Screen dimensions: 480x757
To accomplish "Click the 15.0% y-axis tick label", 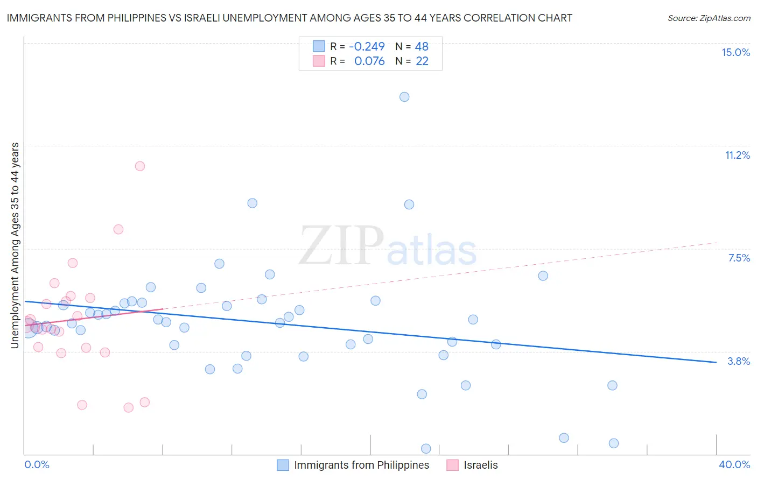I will (735, 52).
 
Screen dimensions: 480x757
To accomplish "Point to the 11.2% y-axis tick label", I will (737, 155).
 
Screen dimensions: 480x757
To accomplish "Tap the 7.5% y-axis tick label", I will (739, 258).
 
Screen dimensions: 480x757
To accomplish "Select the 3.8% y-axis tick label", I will (739, 361).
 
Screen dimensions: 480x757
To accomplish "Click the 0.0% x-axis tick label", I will (37, 464).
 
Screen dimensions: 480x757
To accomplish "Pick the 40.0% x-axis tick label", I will (734, 464).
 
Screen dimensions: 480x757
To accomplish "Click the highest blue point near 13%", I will (404, 97).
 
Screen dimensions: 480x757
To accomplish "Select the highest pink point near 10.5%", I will (140, 166).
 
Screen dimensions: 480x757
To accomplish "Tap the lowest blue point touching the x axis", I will (426, 448).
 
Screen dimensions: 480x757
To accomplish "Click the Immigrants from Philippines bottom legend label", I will (361, 465).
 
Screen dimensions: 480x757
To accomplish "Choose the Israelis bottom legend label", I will (480, 465).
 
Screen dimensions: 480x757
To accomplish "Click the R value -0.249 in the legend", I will (367, 47).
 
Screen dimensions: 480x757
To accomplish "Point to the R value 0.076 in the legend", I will (369, 61).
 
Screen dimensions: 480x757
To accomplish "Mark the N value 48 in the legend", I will (422, 47).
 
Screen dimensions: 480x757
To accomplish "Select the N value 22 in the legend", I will (422, 61).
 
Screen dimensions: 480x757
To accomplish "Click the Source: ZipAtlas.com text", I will (709, 18).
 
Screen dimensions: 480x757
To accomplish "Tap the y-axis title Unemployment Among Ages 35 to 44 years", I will (15, 245).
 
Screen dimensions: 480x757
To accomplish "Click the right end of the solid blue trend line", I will (716, 362).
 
